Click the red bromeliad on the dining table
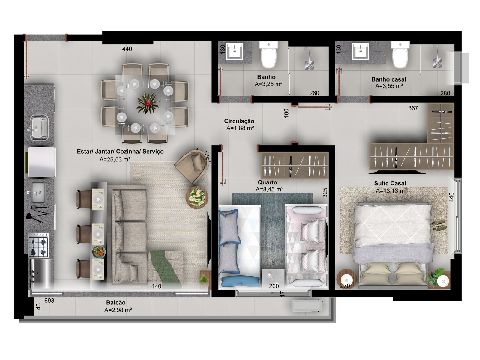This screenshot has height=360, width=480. [148, 103]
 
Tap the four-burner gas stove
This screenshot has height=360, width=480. [38, 245]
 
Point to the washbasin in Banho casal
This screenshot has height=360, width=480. [361, 51]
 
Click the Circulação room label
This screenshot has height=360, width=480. [239, 121]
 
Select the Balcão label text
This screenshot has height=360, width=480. [116, 302]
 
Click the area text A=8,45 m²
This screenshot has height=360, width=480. [270, 189]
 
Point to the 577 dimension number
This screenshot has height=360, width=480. [207, 155]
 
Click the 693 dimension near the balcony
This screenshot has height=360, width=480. [49, 301]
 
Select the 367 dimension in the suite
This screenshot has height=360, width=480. [413, 108]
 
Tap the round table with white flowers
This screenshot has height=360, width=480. [197, 197]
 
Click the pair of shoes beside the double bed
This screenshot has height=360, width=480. [439, 224]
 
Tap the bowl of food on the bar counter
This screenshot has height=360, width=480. [99, 252]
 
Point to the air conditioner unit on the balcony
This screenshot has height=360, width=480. [307, 306]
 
